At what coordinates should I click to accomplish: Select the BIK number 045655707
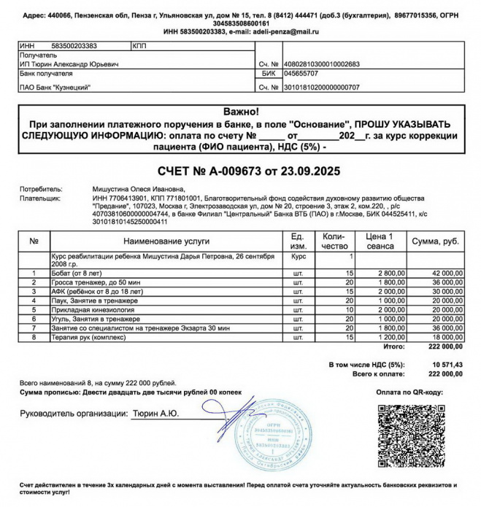coord(302,74)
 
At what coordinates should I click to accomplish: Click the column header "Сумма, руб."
coord(435,240)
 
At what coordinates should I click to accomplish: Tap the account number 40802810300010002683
coord(321,64)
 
